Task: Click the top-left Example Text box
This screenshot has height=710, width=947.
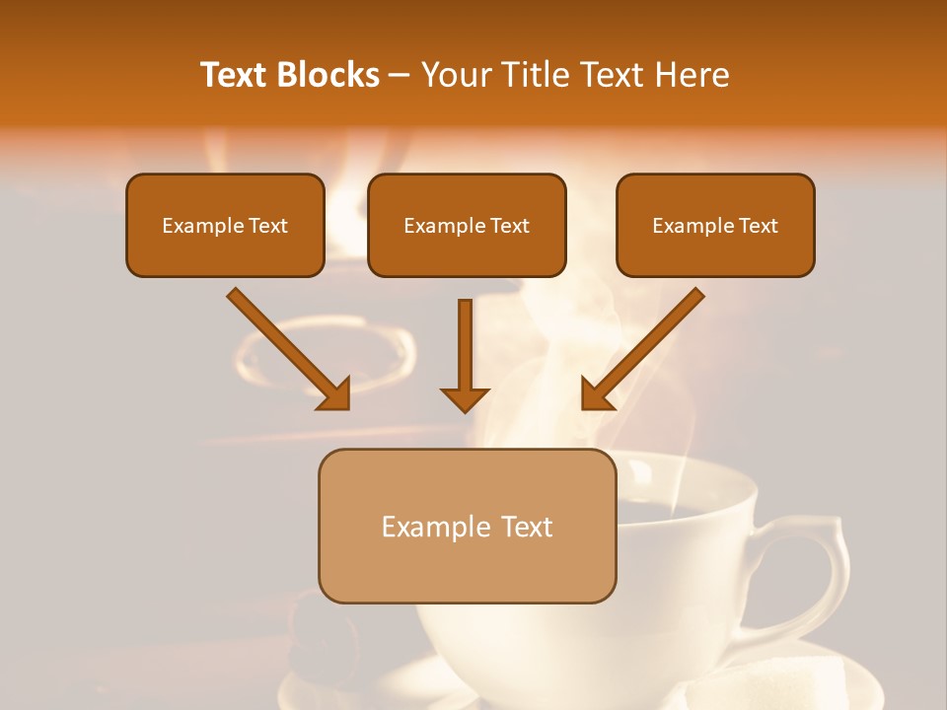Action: click(225, 225)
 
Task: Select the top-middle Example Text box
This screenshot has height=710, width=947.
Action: click(467, 225)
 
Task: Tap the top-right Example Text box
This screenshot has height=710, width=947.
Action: click(715, 225)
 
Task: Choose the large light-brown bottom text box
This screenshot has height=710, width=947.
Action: click(467, 526)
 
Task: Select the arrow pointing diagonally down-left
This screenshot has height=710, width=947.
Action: click(646, 345)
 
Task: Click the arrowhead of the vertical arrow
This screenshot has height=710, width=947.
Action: click(465, 398)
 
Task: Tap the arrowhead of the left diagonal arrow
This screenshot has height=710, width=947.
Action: click(335, 394)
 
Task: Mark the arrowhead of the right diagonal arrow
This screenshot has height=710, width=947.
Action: click(596, 394)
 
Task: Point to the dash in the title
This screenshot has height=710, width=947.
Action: click(400, 76)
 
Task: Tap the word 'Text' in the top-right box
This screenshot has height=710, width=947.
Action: click(758, 226)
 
